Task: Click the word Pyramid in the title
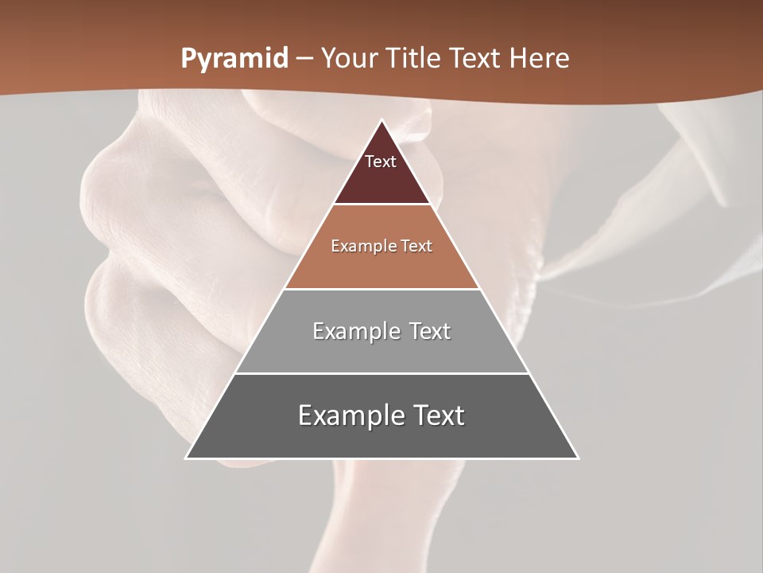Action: [x=234, y=59]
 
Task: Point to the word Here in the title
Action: [x=540, y=59]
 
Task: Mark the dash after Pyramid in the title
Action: [x=304, y=59]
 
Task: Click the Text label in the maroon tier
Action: [x=381, y=162]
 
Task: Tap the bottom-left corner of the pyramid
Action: [x=187, y=458]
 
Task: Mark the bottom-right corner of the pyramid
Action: [x=578, y=458]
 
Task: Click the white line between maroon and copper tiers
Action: [x=382, y=205]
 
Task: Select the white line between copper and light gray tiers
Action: [x=382, y=289]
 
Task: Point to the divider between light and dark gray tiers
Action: [x=382, y=373]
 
